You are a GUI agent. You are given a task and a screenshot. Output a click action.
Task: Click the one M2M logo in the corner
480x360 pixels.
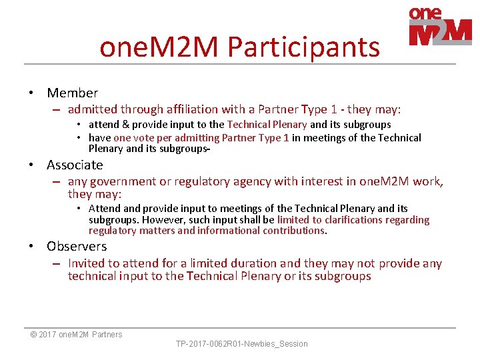point(440,26)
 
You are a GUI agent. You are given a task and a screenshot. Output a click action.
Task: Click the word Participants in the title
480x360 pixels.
point(303,47)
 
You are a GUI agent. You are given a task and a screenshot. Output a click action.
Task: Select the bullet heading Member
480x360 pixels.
point(73,93)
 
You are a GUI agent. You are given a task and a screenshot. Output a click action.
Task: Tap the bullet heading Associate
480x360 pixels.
point(75,165)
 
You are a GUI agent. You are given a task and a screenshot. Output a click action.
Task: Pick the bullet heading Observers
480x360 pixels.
point(77,246)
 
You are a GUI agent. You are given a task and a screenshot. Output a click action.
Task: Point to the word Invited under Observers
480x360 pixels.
point(89,263)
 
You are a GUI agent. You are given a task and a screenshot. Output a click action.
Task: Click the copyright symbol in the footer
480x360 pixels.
point(33,335)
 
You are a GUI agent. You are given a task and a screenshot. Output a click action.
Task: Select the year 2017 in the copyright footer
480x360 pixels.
point(48,335)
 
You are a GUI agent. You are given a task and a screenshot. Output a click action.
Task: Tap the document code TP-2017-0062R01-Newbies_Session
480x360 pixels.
point(241,344)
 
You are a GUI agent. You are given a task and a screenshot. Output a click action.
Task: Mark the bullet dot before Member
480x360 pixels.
point(32,93)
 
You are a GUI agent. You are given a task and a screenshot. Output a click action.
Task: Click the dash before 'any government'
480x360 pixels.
point(57,181)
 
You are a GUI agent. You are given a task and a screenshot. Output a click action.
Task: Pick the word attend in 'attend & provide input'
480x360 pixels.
point(103,125)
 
